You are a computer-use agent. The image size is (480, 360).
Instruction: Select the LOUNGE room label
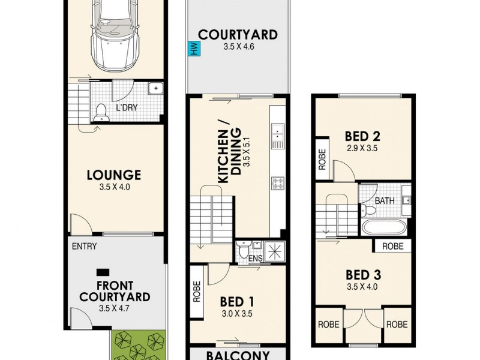[x=113, y=175]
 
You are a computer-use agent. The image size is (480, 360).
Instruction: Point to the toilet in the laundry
[x=101, y=112]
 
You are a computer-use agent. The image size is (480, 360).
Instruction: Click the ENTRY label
[x=84, y=246]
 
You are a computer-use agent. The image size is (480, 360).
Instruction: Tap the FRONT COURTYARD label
[x=115, y=291]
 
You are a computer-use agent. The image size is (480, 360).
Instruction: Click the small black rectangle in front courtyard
[x=103, y=271]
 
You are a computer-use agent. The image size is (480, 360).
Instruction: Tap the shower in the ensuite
[x=275, y=252]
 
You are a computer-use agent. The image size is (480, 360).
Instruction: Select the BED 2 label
[x=363, y=136]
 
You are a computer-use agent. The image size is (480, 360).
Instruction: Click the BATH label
[x=385, y=201]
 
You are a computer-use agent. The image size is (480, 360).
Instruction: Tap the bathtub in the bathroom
[x=385, y=227]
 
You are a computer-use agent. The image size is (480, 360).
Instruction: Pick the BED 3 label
[x=363, y=275]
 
